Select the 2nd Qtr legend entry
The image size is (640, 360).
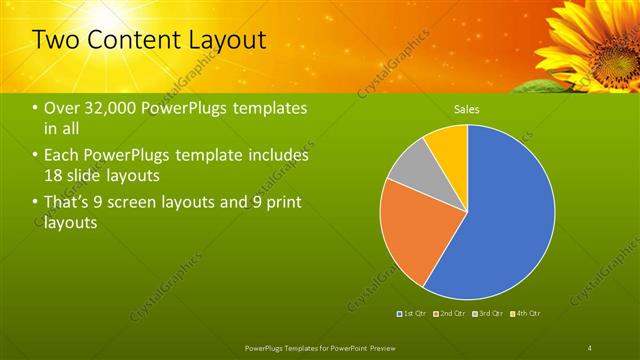[452, 314]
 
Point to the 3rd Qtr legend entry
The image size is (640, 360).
[490, 314]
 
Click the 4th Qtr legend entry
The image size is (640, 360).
[527, 314]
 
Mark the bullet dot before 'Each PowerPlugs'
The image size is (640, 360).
[37, 156]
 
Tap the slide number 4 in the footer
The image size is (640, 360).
[590, 347]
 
